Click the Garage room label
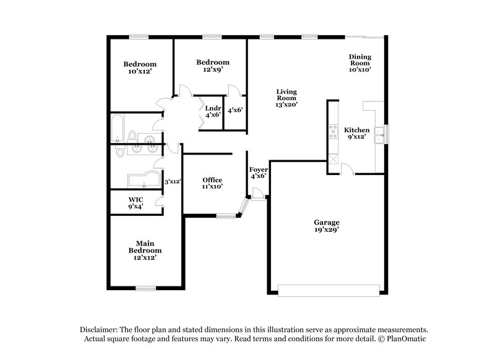click(326, 222)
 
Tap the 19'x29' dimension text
click(326, 229)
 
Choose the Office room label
click(212, 180)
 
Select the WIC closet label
click(136, 199)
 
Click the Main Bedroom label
click(145, 247)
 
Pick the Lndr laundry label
click(213, 108)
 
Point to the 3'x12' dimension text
click(172, 182)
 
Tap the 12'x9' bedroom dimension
click(213, 70)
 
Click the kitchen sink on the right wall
click(385, 134)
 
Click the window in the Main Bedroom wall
click(145, 288)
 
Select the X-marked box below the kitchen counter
click(333, 158)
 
